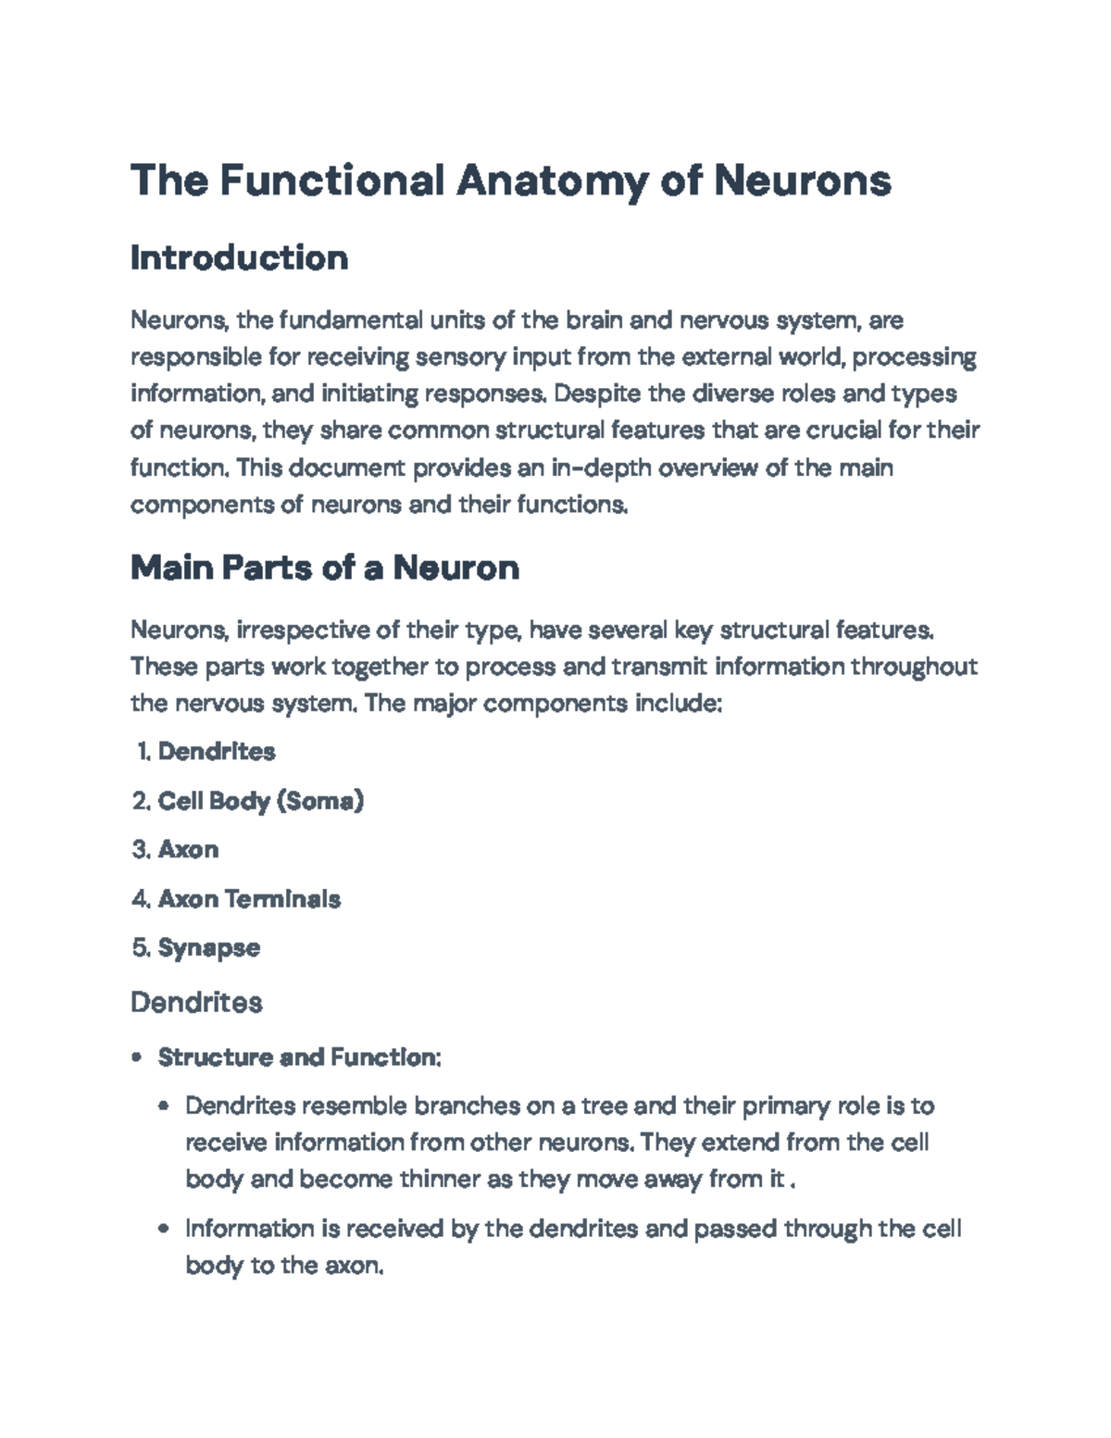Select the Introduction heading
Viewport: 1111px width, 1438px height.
[x=239, y=257]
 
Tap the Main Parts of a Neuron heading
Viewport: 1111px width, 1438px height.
[x=324, y=567]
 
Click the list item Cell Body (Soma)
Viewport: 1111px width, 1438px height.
[x=260, y=800]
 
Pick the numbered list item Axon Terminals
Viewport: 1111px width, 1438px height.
[x=249, y=898]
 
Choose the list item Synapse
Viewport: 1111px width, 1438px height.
[x=208, y=947]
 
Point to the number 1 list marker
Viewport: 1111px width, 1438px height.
[x=143, y=751]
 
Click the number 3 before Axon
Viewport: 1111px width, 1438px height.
[x=140, y=849]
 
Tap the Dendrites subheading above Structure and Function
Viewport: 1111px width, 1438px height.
[x=196, y=1002]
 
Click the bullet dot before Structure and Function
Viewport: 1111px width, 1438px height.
[x=137, y=1057]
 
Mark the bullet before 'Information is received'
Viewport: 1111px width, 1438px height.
[x=164, y=1230]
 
